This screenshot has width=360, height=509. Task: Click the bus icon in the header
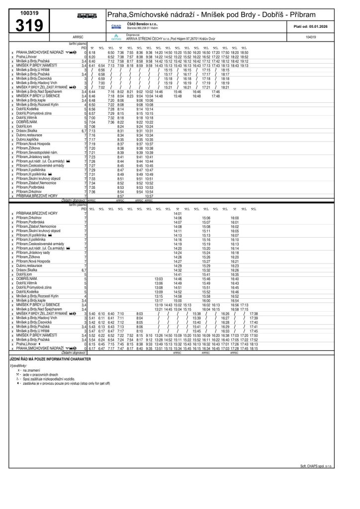point(87,16)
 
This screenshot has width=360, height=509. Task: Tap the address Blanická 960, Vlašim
point(143,28)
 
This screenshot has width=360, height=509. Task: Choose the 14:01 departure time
point(178,213)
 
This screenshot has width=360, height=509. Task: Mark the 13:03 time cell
point(159,279)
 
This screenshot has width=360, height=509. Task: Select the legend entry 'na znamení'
point(32,370)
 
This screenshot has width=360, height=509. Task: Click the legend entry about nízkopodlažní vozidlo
point(50,378)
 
